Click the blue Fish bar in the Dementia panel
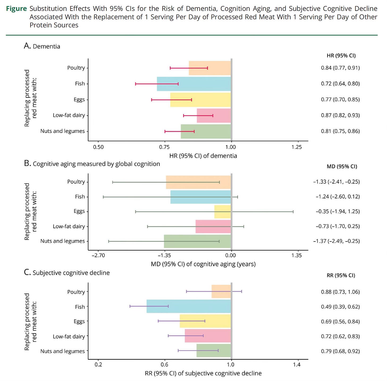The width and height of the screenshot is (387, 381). [194, 84]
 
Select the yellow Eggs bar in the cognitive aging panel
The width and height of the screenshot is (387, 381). [222, 212]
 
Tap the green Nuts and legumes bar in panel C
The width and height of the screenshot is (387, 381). [214, 351]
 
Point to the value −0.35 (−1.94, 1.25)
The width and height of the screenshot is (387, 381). [338, 211]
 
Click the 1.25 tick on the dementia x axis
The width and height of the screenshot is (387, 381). [297, 147]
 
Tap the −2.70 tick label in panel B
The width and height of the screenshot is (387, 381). [98, 256]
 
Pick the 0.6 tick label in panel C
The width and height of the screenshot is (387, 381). [165, 365]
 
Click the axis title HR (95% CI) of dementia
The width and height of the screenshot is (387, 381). [203, 156]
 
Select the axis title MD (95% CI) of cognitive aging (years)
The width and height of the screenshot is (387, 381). [203, 264]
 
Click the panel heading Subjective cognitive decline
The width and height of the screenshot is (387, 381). [71, 273]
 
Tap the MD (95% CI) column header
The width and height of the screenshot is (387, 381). [342, 167]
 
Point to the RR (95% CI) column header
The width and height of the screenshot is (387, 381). [341, 276]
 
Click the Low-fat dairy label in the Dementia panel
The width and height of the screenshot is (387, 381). [69, 115]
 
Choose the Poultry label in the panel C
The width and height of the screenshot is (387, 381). [76, 292]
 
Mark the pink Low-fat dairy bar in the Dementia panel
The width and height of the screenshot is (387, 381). [214, 116]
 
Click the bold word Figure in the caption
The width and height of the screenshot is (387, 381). [16, 9]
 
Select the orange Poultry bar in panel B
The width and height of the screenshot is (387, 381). [198, 182]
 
